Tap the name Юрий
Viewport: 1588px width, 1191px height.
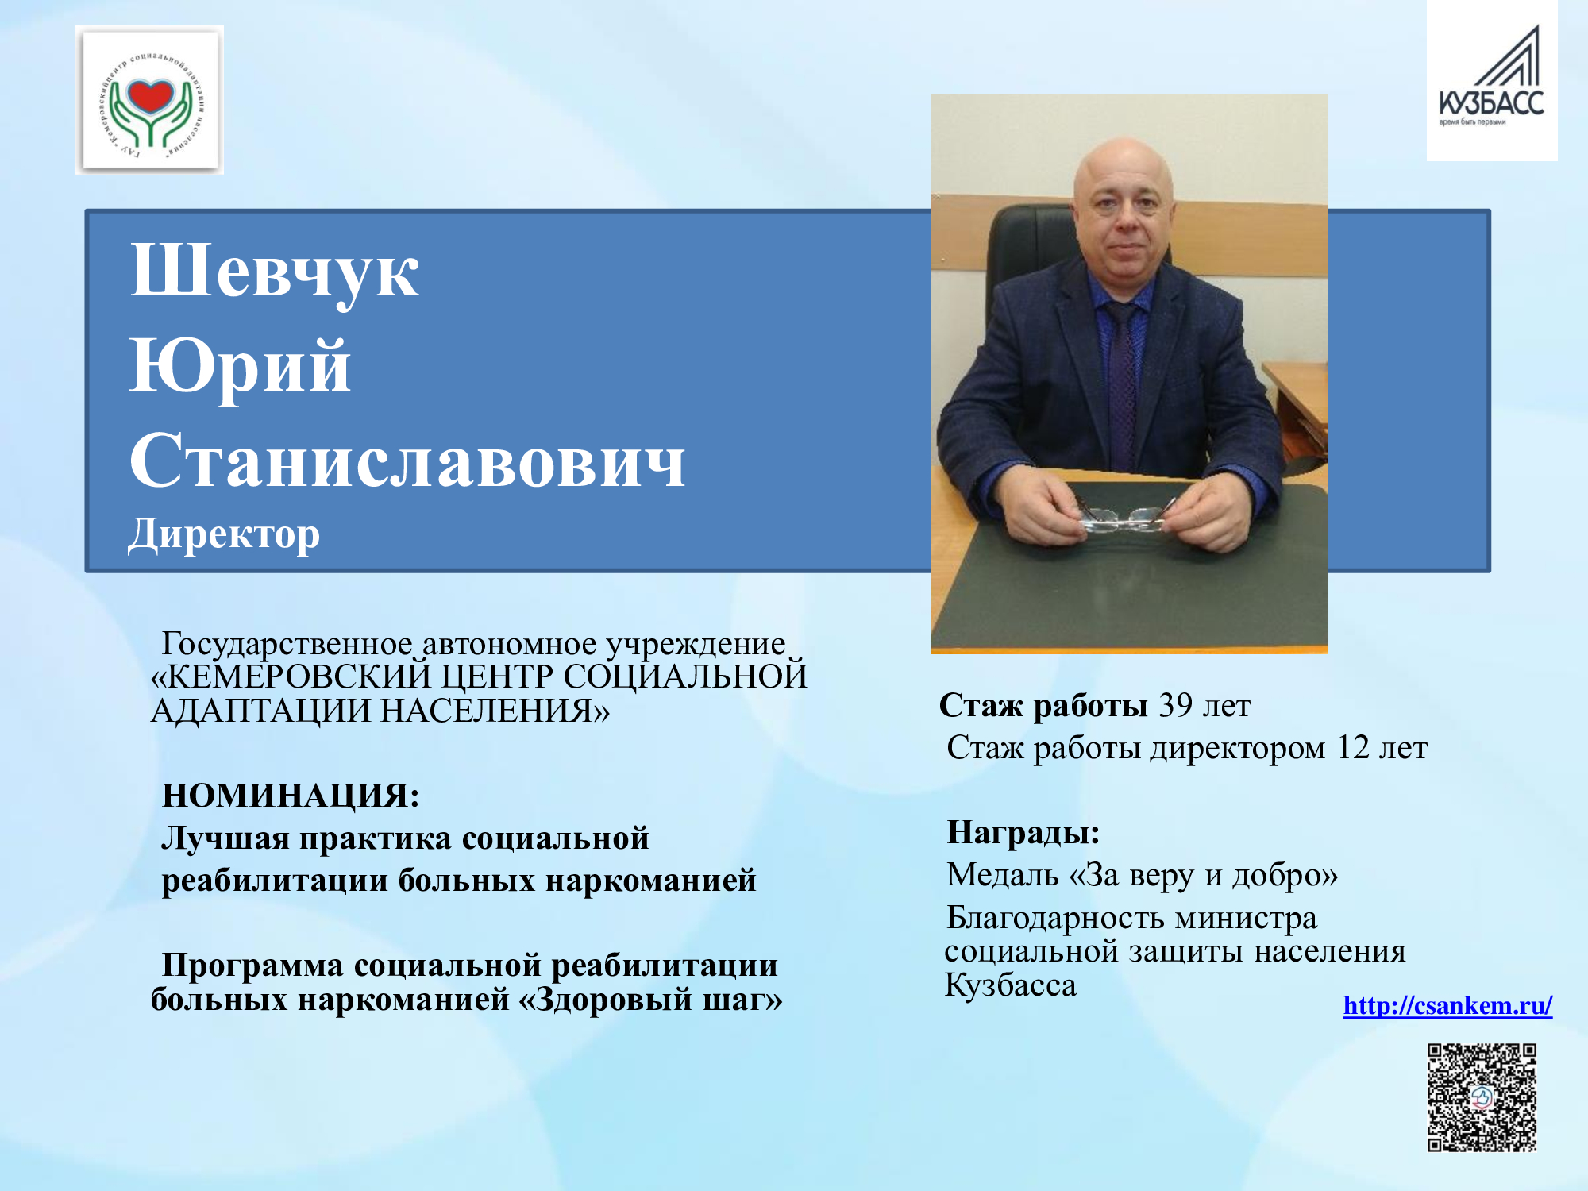[241, 367]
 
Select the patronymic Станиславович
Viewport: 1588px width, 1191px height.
[407, 461]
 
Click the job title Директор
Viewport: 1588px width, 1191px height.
[224, 534]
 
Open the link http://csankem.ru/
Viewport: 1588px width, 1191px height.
[1447, 1005]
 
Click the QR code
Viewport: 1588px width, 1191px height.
[1482, 1097]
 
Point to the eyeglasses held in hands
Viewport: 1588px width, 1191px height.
[1124, 518]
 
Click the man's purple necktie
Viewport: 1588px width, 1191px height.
[1121, 373]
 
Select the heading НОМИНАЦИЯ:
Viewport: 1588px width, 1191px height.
[291, 795]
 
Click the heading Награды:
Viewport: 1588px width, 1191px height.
[1023, 832]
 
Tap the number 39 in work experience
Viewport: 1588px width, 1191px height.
[1176, 705]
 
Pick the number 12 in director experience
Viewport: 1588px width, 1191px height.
[1354, 747]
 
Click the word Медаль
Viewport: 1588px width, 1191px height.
[1003, 874]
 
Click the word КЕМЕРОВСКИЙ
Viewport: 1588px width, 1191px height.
[290, 676]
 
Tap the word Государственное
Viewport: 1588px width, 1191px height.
[287, 643]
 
